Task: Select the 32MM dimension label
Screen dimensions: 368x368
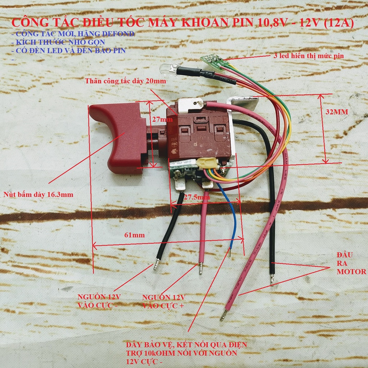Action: [x=337, y=112]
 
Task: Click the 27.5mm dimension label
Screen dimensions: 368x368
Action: [x=196, y=197]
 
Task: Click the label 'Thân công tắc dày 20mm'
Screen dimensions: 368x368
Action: [x=125, y=81]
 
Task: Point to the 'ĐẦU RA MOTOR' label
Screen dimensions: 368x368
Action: [x=351, y=263]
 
